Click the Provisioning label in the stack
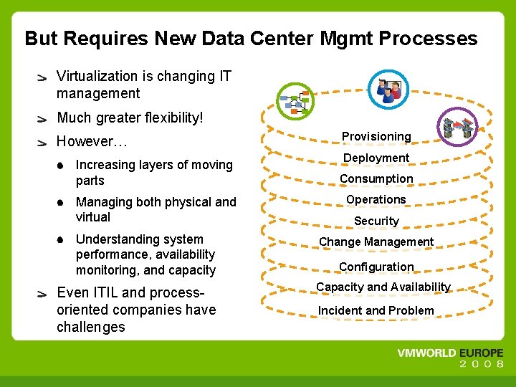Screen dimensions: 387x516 [376, 136]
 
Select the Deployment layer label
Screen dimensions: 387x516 [376, 158]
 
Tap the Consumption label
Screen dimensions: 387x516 [376, 178]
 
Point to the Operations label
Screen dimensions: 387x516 [376, 199]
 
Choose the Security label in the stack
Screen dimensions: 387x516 [376, 221]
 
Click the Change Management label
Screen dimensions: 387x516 [376, 242]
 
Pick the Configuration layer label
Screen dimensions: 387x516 [376, 267]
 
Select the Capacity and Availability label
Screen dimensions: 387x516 [383, 287]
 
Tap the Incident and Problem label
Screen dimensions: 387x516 [376, 310]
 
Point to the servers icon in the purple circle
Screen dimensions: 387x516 [458, 128]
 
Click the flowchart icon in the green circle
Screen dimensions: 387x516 [295, 103]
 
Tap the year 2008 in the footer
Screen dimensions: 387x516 [482, 365]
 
